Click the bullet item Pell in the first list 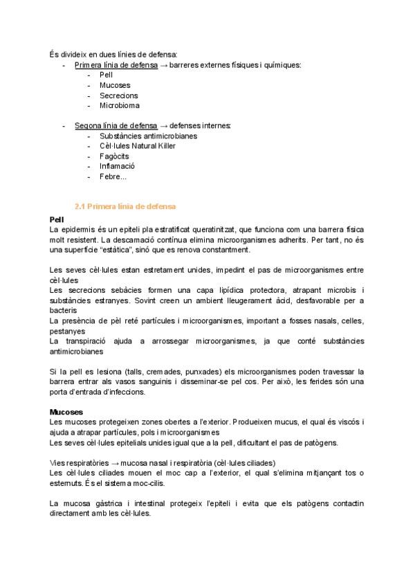106,75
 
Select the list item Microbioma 119,106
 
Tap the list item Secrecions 118,96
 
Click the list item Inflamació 117,166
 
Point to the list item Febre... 113,177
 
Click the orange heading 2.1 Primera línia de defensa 125,206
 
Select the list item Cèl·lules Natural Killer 137,146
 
